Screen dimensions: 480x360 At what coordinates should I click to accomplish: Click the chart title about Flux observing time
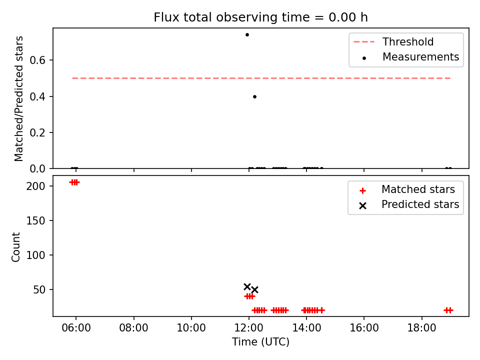pos(260,17)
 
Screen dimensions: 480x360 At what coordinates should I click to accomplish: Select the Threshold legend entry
pos(393,41)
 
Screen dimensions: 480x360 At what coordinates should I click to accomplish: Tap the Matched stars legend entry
pos(407,189)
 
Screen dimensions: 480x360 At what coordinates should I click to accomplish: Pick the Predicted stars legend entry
pos(409,204)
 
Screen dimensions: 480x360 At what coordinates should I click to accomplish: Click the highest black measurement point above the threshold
pos(247,34)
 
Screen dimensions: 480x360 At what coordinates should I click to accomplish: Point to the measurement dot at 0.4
pos(254,96)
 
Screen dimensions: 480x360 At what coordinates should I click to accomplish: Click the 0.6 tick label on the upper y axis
pos(37,60)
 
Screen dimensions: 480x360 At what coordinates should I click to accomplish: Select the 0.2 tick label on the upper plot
pos(37,133)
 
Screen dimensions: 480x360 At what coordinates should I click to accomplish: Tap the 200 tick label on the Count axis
pos(36,186)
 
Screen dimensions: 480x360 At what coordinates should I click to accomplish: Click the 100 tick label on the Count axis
pos(36,255)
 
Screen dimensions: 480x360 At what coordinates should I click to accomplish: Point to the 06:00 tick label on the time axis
pos(76,328)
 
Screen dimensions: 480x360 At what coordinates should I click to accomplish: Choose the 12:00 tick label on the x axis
pos(249,328)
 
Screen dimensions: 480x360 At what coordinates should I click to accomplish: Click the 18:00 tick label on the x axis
pos(421,328)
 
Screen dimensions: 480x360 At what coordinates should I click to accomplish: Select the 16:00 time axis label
pos(364,328)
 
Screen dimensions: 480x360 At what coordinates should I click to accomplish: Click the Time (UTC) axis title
pos(260,341)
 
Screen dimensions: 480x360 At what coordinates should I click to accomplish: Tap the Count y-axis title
pos(15,247)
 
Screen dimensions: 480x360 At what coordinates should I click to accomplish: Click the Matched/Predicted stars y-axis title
pos(18,98)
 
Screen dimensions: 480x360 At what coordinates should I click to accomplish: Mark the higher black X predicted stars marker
pos(247,287)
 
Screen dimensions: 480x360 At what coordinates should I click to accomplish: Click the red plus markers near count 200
pos(74,182)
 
